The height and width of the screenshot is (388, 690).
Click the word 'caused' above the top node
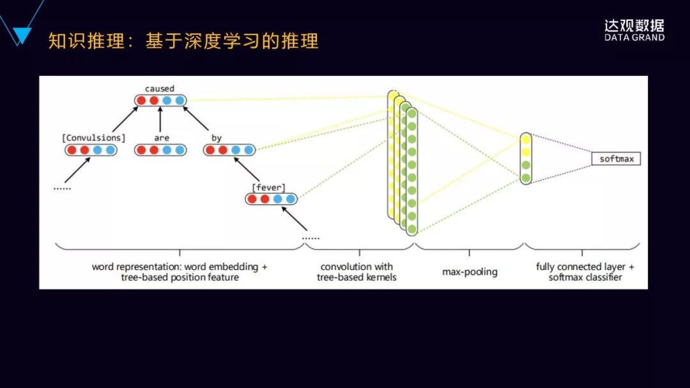(159, 89)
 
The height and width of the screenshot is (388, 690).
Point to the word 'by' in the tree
(216, 138)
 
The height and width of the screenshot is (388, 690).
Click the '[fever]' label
(268, 187)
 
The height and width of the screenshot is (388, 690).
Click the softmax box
(616, 159)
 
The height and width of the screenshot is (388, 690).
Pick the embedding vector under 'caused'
(160, 100)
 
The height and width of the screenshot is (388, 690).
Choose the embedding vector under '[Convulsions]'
(91, 151)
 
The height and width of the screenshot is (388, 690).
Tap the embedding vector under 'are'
(160, 151)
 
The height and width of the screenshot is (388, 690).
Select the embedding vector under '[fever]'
(272, 199)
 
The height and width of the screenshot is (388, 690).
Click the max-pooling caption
(470, 272)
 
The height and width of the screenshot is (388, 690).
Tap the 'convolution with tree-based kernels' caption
(358, 272)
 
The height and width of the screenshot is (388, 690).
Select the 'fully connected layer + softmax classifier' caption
(581, 272)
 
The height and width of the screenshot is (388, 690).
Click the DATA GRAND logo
(634, 30)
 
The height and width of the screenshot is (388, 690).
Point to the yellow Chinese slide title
(183, 42)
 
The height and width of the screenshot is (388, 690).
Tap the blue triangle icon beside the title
(22, 36)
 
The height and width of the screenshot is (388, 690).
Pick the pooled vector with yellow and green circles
(526, 158)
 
